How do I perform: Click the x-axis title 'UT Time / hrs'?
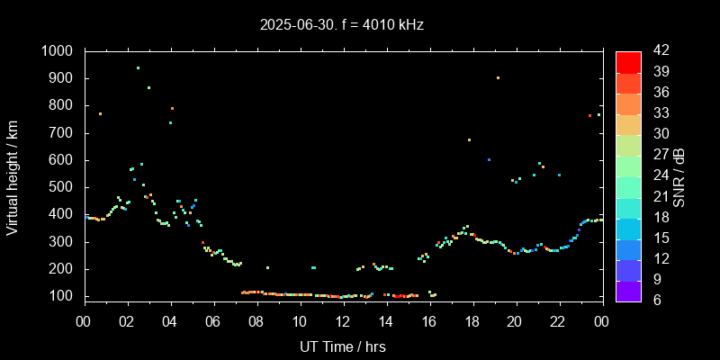(x=343, y=346)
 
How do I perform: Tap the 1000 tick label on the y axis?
(x=59, y=51)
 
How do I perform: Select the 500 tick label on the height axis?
(x=64, y=187)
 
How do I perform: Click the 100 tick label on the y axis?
(x=64, y=296)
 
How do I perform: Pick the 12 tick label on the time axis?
(x=343, y=321)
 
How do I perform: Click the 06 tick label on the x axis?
(x=213, y=321)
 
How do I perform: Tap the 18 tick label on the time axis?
(x=472, y=321)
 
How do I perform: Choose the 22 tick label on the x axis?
(x=559, y=321)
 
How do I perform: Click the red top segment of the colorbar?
(x=628, y=61)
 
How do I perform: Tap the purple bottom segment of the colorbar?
(x=628, y=290)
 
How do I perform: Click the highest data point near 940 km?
(x=138, y=67)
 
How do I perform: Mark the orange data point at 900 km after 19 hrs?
(x=498, y=78)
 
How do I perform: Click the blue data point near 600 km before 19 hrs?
(x=489, y=159)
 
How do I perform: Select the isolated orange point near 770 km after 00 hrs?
(x=100, y=113)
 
